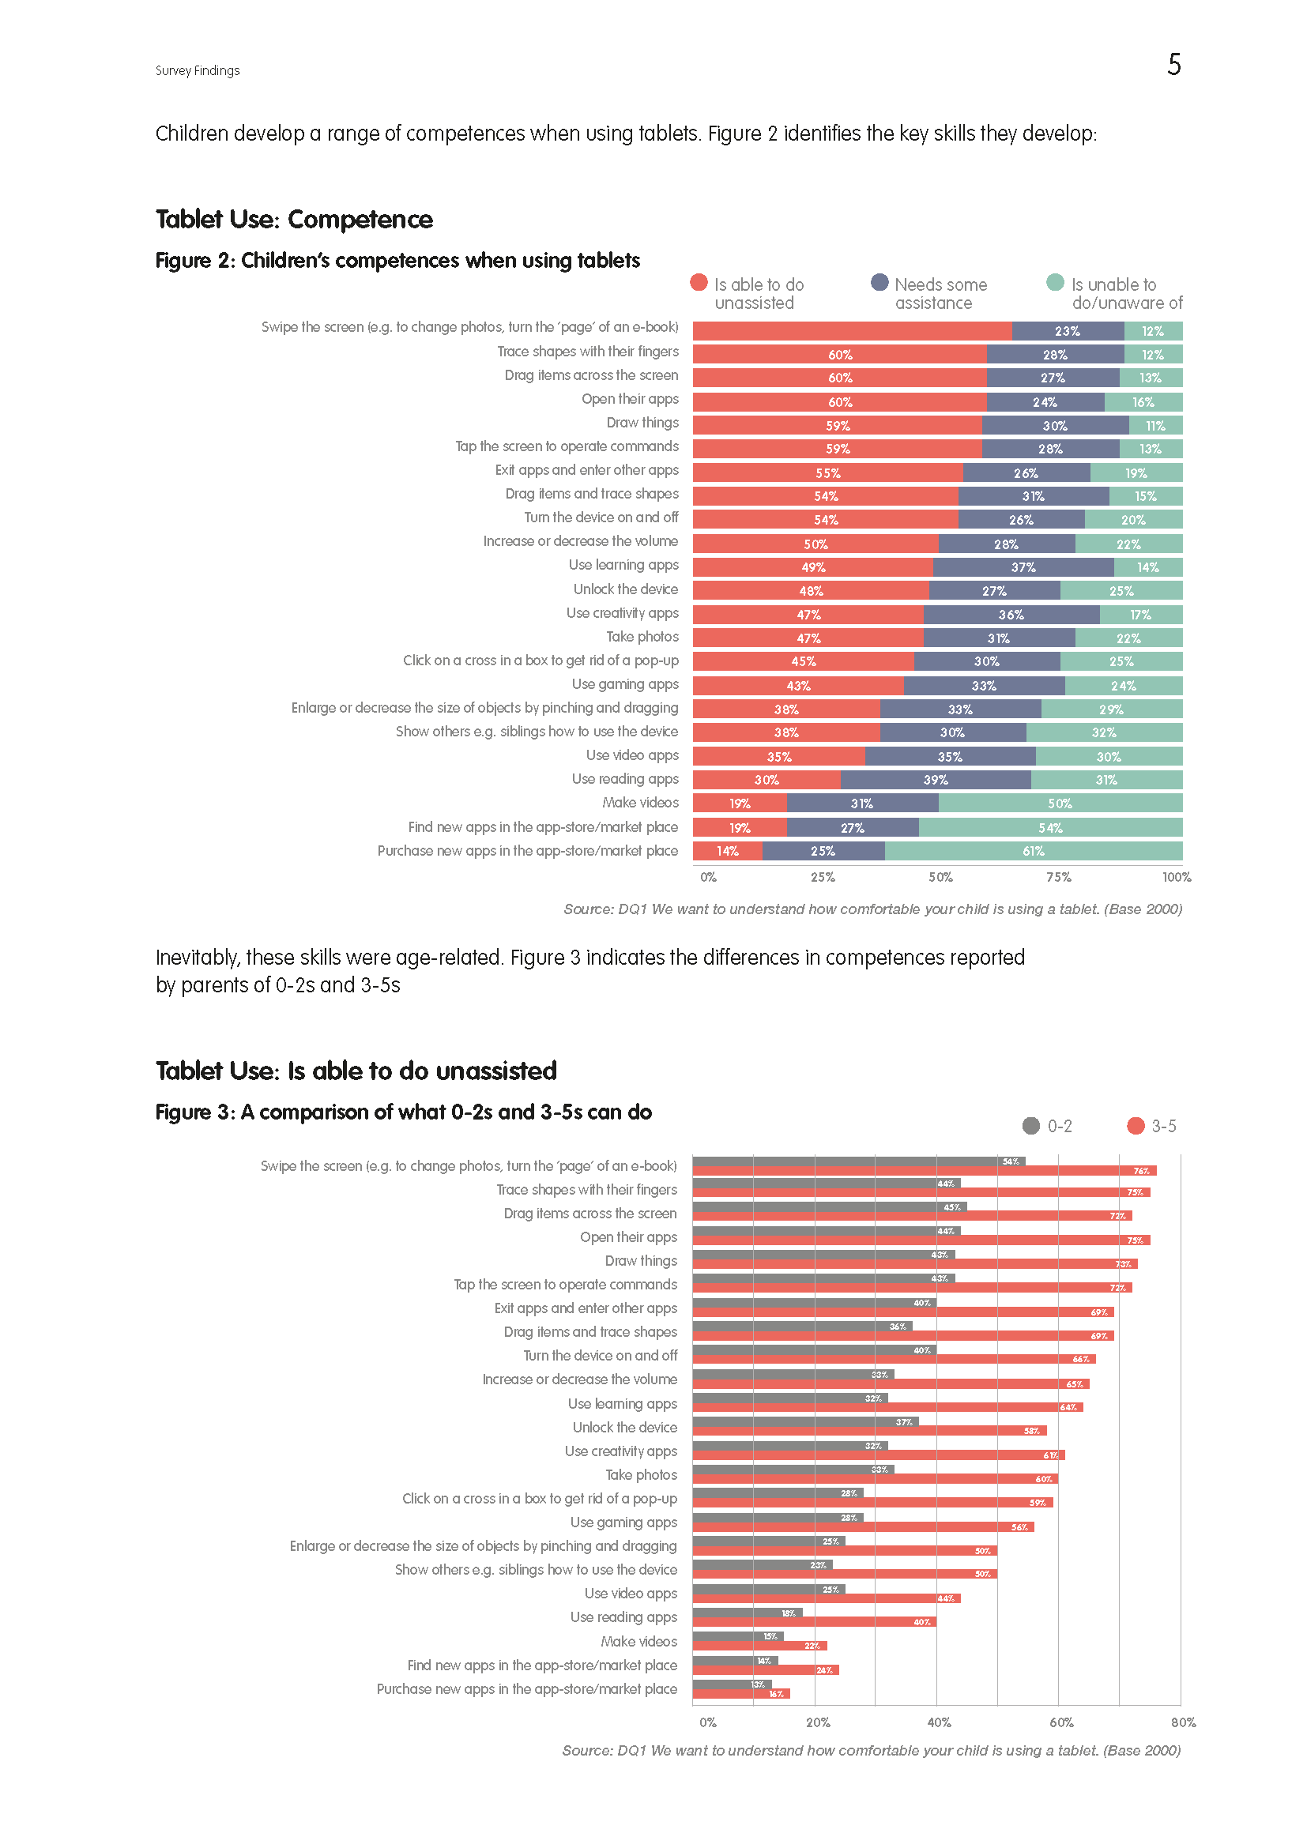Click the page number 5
pos(1173,64)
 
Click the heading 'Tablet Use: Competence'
pos(294,219)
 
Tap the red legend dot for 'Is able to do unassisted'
pos(699,283)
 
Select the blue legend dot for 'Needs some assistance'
pos(879,283)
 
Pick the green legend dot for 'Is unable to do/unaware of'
pos(1055,283)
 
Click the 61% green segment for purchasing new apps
pos(1034,851)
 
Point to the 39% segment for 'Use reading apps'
pos(935,780)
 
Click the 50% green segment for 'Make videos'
pos(1060,804)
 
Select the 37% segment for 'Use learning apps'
pos(1023,567)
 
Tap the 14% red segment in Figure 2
pos(728,851)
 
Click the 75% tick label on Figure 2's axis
pos(1058,877)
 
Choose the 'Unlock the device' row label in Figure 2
pos(625,589)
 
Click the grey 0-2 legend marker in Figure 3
pos(1031,1126)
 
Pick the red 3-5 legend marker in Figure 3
pos(1136,1126)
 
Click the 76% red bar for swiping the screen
pos(924,1171)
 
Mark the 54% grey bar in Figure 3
pos(858,1161)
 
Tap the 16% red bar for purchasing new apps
pos(741,1694)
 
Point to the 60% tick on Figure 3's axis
pos(1060,1722)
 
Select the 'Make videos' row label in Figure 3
pos(638,1641)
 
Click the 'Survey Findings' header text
pos(198,71)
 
